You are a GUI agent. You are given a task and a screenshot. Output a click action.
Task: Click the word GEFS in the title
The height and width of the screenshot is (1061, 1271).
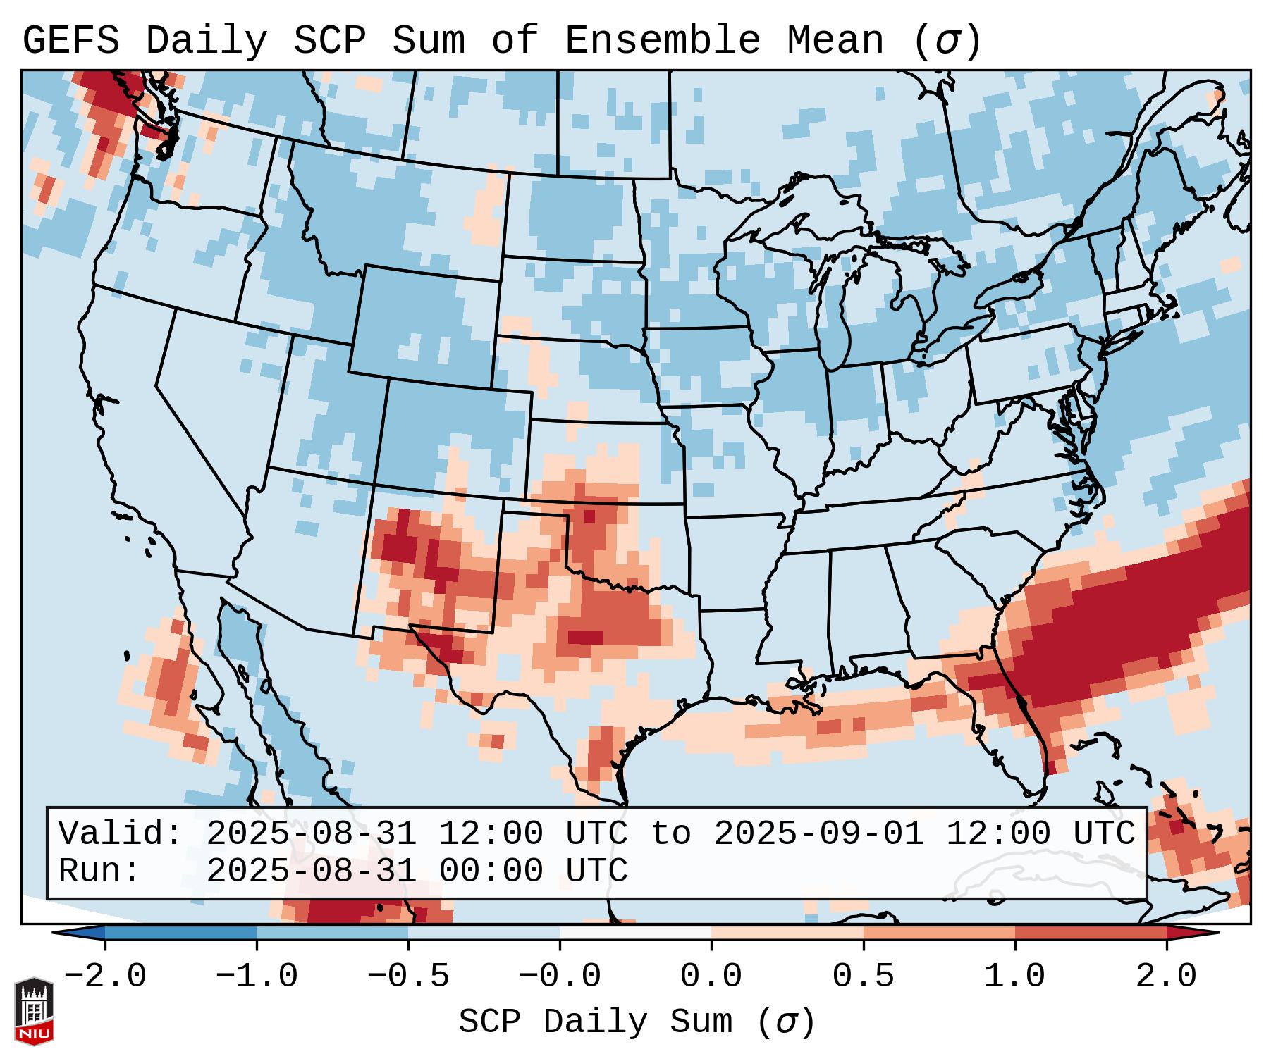pyautogui.click(x=70, y=41)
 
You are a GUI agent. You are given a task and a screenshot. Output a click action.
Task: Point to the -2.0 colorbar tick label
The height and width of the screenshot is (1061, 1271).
pyautogui.click(x=105, y=976)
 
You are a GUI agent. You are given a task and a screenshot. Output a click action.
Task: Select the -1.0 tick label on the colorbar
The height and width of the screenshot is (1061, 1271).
pyautogui.click(x=257, y=976)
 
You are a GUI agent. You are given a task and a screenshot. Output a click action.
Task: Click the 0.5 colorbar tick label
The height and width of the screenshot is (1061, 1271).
pyautogui.click(x=863, y=976)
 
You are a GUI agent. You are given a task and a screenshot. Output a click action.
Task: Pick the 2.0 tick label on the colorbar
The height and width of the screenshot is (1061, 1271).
pyautogui.click(x=1166, y=976)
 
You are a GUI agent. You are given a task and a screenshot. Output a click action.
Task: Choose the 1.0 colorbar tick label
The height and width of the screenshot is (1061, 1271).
pyautogui.click(x=1014, y=976)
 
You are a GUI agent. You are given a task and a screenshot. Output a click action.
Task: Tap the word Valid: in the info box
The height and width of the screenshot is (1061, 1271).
pyautogui.click(x=121, y=833)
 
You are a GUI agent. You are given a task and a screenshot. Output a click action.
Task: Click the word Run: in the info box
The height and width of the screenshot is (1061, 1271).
pyautogui.click(x=99, y=871)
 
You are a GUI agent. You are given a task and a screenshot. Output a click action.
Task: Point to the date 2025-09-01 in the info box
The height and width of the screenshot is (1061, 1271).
pyautogui.click(x=818, y=833)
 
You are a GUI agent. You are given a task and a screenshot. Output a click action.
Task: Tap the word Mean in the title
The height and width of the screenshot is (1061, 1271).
pyautogui.click(x=835, y=41)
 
